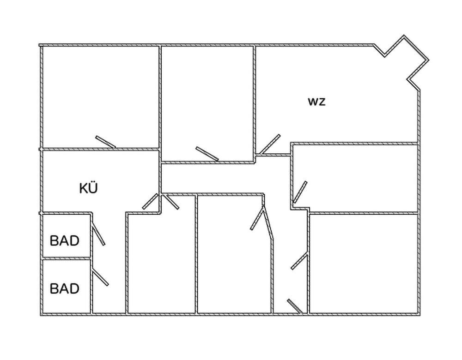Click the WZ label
(317, 102)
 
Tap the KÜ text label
(89, 188)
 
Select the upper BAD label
(65, 240)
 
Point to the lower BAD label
(65, 289)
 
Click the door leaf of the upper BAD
(98, 234)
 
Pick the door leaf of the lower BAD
(100, 277)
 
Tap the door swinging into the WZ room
(270, 144)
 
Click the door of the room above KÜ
(105, 142)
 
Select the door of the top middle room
(207, 154)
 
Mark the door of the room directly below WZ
(300, 192)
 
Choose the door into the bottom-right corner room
(299, 261)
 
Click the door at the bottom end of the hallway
(295, 306)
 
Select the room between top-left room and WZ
(207, 102)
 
